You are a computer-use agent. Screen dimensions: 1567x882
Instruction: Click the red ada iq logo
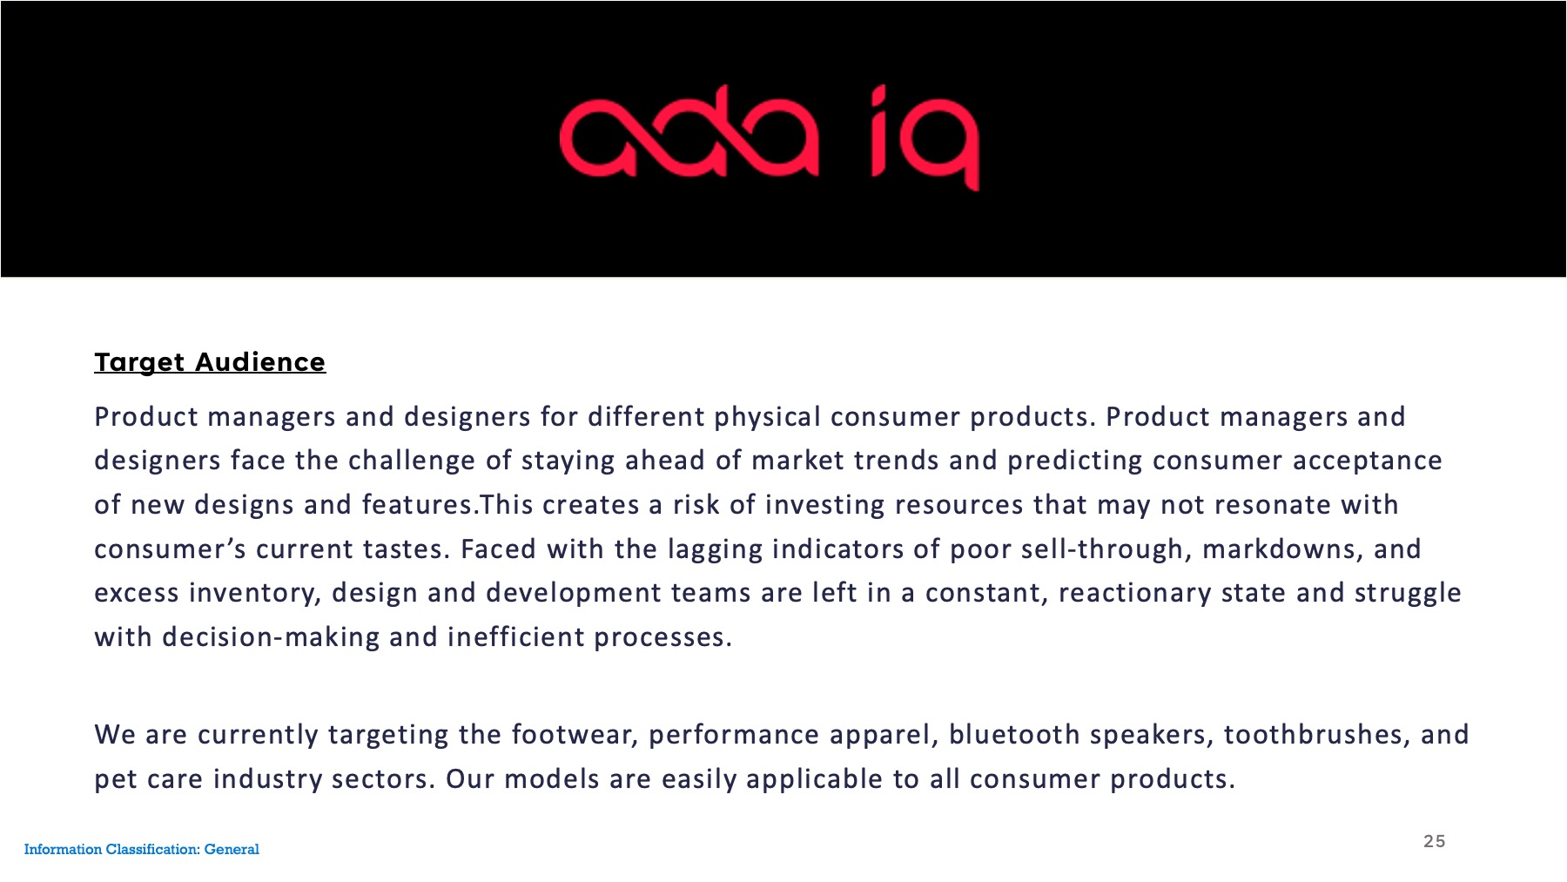(x=770, y=138)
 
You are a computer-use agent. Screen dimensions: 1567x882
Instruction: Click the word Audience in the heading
(x=260, y=362)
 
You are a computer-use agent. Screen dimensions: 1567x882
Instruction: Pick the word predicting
(x=1075, y=461)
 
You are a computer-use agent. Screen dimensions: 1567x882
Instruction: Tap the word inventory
(x=256, y=594)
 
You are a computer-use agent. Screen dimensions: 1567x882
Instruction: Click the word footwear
(x=576, y=736)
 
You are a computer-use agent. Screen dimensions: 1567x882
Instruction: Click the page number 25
(x=1435, y=841)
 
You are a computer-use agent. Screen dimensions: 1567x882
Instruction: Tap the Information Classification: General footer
(x=142, y=849)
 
